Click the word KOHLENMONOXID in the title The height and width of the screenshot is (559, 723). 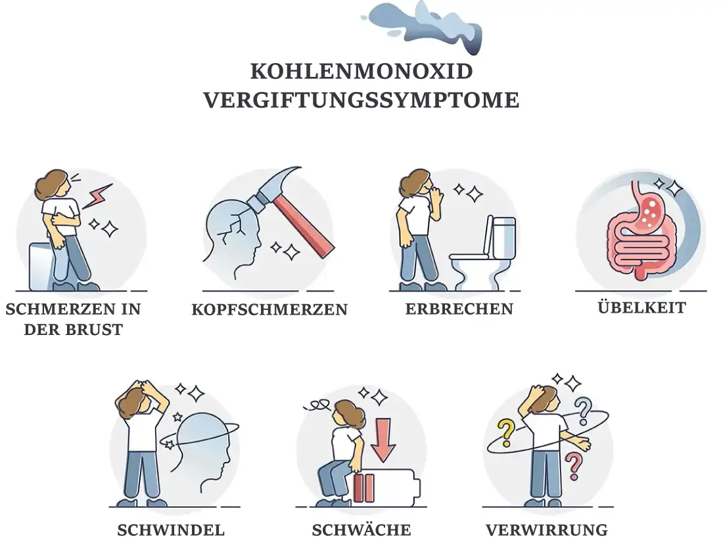[361, 71]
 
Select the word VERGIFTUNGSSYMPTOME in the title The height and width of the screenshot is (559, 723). [361, 101]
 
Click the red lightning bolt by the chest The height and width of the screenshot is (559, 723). [97, 195]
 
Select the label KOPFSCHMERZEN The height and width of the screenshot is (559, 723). [269, 309]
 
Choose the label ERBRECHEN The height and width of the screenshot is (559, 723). [459, 309]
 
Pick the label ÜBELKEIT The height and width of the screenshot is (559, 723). [641, 307]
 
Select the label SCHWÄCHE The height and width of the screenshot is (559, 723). [361, 530]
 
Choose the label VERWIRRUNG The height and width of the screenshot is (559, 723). [547, 530]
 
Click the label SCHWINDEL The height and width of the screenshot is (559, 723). [171, 530]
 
